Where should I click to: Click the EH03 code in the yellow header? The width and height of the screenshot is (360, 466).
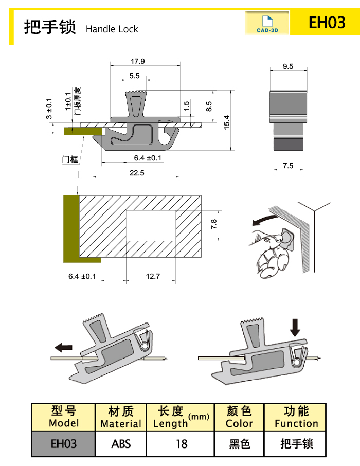[x=327, y=22]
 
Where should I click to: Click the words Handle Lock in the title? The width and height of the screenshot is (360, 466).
[x=112, y=29]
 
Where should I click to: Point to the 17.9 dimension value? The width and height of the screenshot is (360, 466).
[x=138, y=61]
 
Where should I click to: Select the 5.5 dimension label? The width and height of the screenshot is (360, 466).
[x=134, y=76]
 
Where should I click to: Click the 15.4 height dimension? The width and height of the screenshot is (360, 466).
[x=227, y=122]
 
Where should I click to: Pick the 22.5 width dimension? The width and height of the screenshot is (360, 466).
[x=137, y=173]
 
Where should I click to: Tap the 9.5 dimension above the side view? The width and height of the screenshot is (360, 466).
[x=288, y=66]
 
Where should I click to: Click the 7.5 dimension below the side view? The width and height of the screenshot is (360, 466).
[x=288, y=166]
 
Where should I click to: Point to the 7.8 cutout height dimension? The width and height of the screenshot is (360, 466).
[x=213, y=224]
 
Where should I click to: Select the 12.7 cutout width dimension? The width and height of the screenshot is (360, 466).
[x=153, y=276]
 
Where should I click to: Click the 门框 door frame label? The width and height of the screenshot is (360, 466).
[x=70, y=159]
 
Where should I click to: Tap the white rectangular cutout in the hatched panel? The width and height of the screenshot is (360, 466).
[x=151, y=226]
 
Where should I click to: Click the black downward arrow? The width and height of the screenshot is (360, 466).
[x=295, y=328]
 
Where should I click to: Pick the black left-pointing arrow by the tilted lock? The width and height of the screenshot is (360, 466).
[x=64, y=347]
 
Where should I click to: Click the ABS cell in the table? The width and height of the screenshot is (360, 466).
[x=121, y=444]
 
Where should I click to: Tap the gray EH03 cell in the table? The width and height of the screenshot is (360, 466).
[x=63, y=444]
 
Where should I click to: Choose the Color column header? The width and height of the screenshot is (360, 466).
[x=239, y=417]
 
